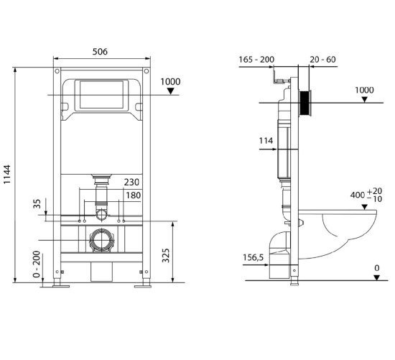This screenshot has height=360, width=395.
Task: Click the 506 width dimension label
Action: (x=100, y=52)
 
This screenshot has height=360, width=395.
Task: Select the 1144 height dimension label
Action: (x=7, y=175)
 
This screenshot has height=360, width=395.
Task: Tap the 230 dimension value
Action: (x=131, y=183)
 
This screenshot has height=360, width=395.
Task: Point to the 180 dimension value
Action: (x=134, y=195)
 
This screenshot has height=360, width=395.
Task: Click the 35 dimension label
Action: (x=37, y=203)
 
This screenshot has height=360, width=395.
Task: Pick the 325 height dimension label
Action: (x=165, y=255)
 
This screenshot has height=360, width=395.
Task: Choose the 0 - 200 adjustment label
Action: (x=37, y=264)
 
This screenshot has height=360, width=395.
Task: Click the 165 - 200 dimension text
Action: (x=256, y=60)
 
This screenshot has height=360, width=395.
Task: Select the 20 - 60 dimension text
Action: (x=322, y=60)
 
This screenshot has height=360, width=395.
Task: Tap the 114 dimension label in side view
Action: (x=266, y=141)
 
